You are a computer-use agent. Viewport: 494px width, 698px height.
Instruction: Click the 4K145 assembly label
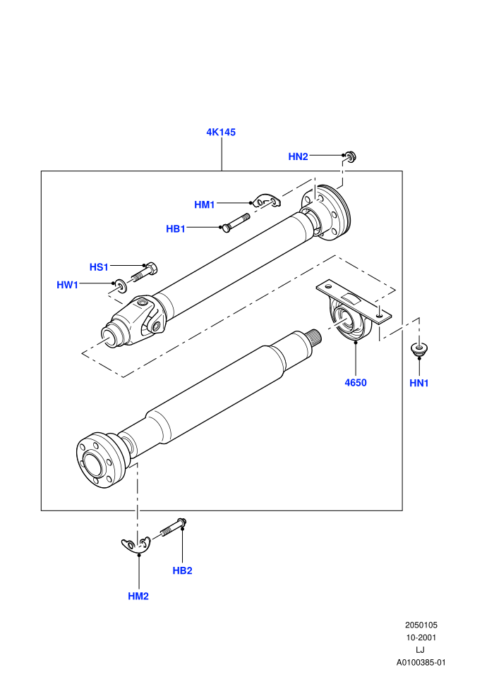click(220, 133)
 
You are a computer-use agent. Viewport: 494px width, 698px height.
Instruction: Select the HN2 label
click(298, 157)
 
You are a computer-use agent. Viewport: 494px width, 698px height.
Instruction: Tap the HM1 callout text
click(205, 204)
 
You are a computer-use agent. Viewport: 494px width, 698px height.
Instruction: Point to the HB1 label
click(176, 229)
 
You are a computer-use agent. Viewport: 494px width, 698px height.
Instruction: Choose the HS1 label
click(99, 267)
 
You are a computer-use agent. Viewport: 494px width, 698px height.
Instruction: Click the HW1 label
click(67, 285)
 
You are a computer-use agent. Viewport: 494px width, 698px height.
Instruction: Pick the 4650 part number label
click(356, 382)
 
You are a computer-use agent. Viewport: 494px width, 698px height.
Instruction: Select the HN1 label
click(418, 383)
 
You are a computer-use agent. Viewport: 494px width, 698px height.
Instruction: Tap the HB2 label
click(182, 570)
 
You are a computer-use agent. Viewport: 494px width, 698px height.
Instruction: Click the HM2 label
click(138, 596)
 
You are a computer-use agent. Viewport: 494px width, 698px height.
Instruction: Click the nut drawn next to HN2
click(350, 157)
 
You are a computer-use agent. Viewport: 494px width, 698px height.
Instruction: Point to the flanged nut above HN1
click(418, 348)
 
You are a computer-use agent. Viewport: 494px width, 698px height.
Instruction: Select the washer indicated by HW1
click(120, 284)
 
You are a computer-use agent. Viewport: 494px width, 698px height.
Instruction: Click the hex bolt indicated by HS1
click(145, 272)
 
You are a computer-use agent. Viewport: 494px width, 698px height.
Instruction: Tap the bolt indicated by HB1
click(235, 221)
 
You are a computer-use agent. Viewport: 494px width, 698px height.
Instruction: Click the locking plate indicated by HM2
click(136, 545)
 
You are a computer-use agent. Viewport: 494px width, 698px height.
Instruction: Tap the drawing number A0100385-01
click(421, 662)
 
